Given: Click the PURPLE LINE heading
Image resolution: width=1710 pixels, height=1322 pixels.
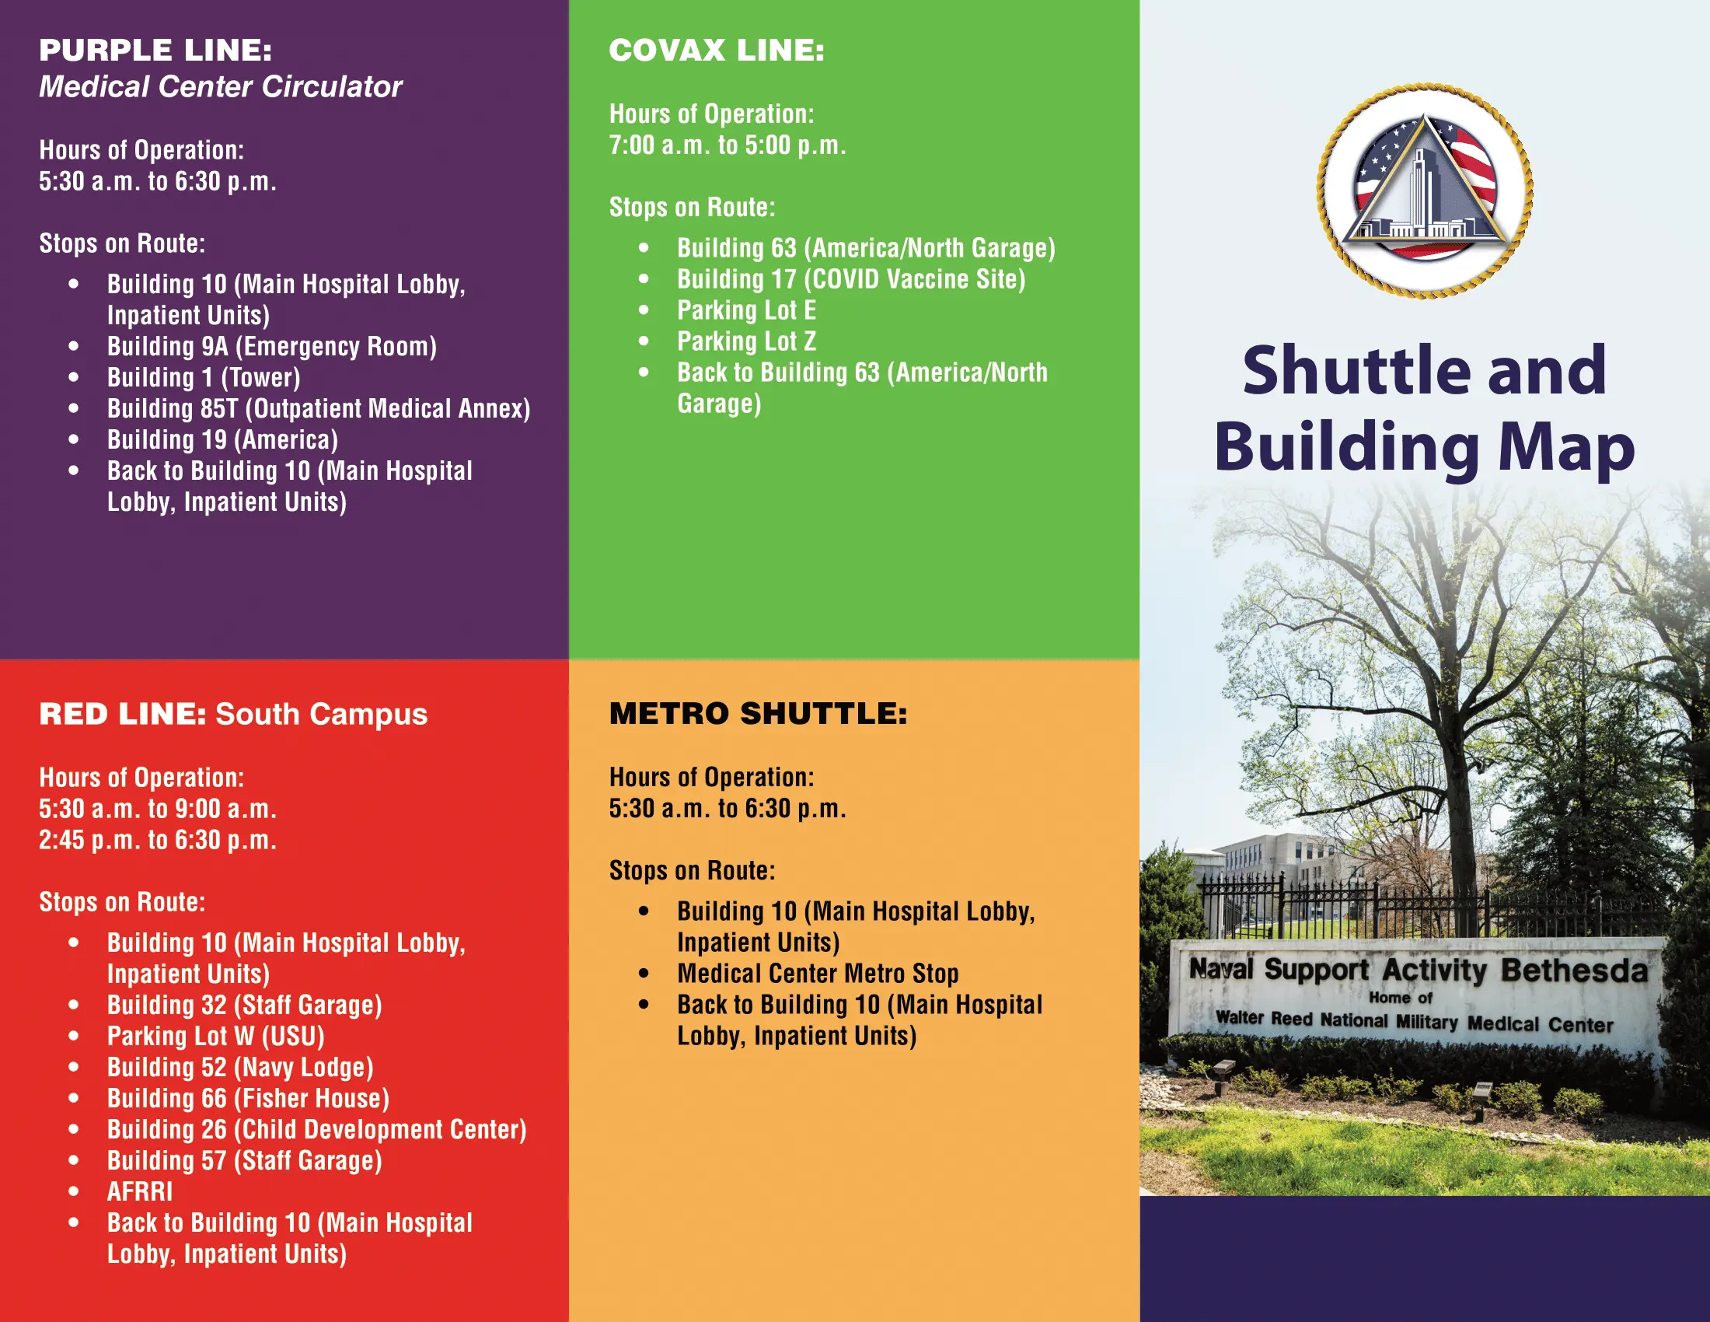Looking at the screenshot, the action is coord(155,50).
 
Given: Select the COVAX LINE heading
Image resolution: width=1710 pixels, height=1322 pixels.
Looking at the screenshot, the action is coord(717,50).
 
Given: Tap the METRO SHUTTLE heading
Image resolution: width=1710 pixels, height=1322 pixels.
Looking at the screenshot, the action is coord(758,713).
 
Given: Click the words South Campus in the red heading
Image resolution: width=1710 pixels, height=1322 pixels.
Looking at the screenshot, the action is coord(322,714).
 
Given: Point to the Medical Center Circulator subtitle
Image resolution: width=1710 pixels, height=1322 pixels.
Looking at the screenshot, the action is coord(221,86).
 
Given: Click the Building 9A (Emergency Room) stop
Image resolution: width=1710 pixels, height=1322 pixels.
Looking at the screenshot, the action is coord(272,346).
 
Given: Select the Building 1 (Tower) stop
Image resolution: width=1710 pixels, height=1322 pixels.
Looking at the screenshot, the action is coord(204,377).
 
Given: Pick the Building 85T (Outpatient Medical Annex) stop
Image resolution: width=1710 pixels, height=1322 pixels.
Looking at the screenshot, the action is coord(319,409).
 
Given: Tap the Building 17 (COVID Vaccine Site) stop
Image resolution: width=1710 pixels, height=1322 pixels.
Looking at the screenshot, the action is coord(851,279).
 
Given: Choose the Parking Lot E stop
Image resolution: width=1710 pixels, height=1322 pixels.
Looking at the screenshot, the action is coord(746,310).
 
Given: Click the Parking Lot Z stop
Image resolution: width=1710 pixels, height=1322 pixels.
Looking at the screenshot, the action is coord(746,341).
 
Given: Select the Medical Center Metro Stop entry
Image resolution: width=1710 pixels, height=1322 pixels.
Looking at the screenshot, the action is coord(818,974).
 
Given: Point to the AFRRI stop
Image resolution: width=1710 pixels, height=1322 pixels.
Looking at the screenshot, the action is coord(139,1192).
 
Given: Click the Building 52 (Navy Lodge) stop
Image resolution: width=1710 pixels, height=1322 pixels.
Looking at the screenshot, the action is coord(240,1068).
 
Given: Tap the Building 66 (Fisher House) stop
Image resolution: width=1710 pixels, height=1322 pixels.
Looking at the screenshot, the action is coord(248,1099).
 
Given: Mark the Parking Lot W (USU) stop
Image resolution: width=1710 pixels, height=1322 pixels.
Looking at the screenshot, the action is coord(216,1036).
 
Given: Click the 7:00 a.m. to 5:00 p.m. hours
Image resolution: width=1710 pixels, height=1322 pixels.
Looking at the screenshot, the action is coord(728,145).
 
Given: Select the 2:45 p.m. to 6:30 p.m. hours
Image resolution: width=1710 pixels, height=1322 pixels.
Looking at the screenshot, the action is coord(157,841).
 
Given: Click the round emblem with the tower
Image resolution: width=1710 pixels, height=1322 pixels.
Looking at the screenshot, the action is coord(1425,192).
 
